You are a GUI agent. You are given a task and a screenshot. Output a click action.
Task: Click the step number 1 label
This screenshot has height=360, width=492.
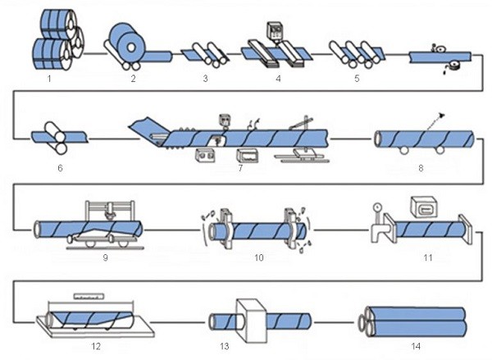coord(49,80)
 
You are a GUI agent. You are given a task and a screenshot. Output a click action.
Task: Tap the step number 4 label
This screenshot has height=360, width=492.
coord(278,80)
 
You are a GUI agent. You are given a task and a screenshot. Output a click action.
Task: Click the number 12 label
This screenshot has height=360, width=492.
coord(96,346)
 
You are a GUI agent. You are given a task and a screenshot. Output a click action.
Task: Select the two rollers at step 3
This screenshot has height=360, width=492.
coord(207,54)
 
